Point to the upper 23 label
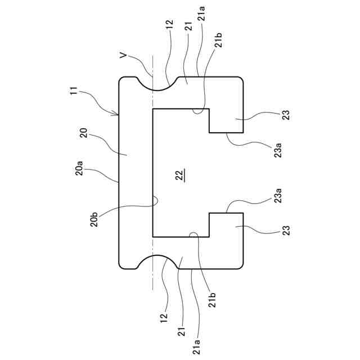pos(286,115)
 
